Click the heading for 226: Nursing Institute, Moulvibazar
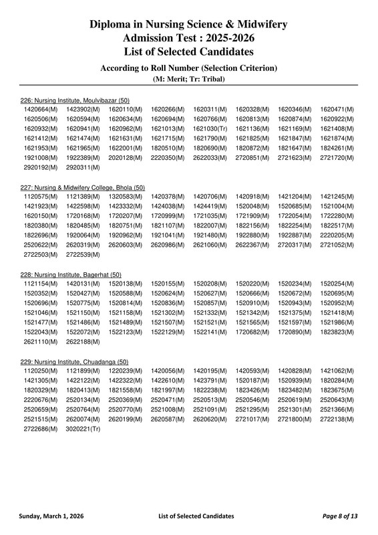coord(75,100)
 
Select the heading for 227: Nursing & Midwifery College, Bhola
coord(83,188)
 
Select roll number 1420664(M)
coord(41,109)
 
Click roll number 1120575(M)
coord(41,197)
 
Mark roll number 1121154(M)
coord(41,284)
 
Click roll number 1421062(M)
coord(337,370)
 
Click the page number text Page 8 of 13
coord(341,516)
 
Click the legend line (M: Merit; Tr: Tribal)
coord(188,79)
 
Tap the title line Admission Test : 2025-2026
coord(188,38)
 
